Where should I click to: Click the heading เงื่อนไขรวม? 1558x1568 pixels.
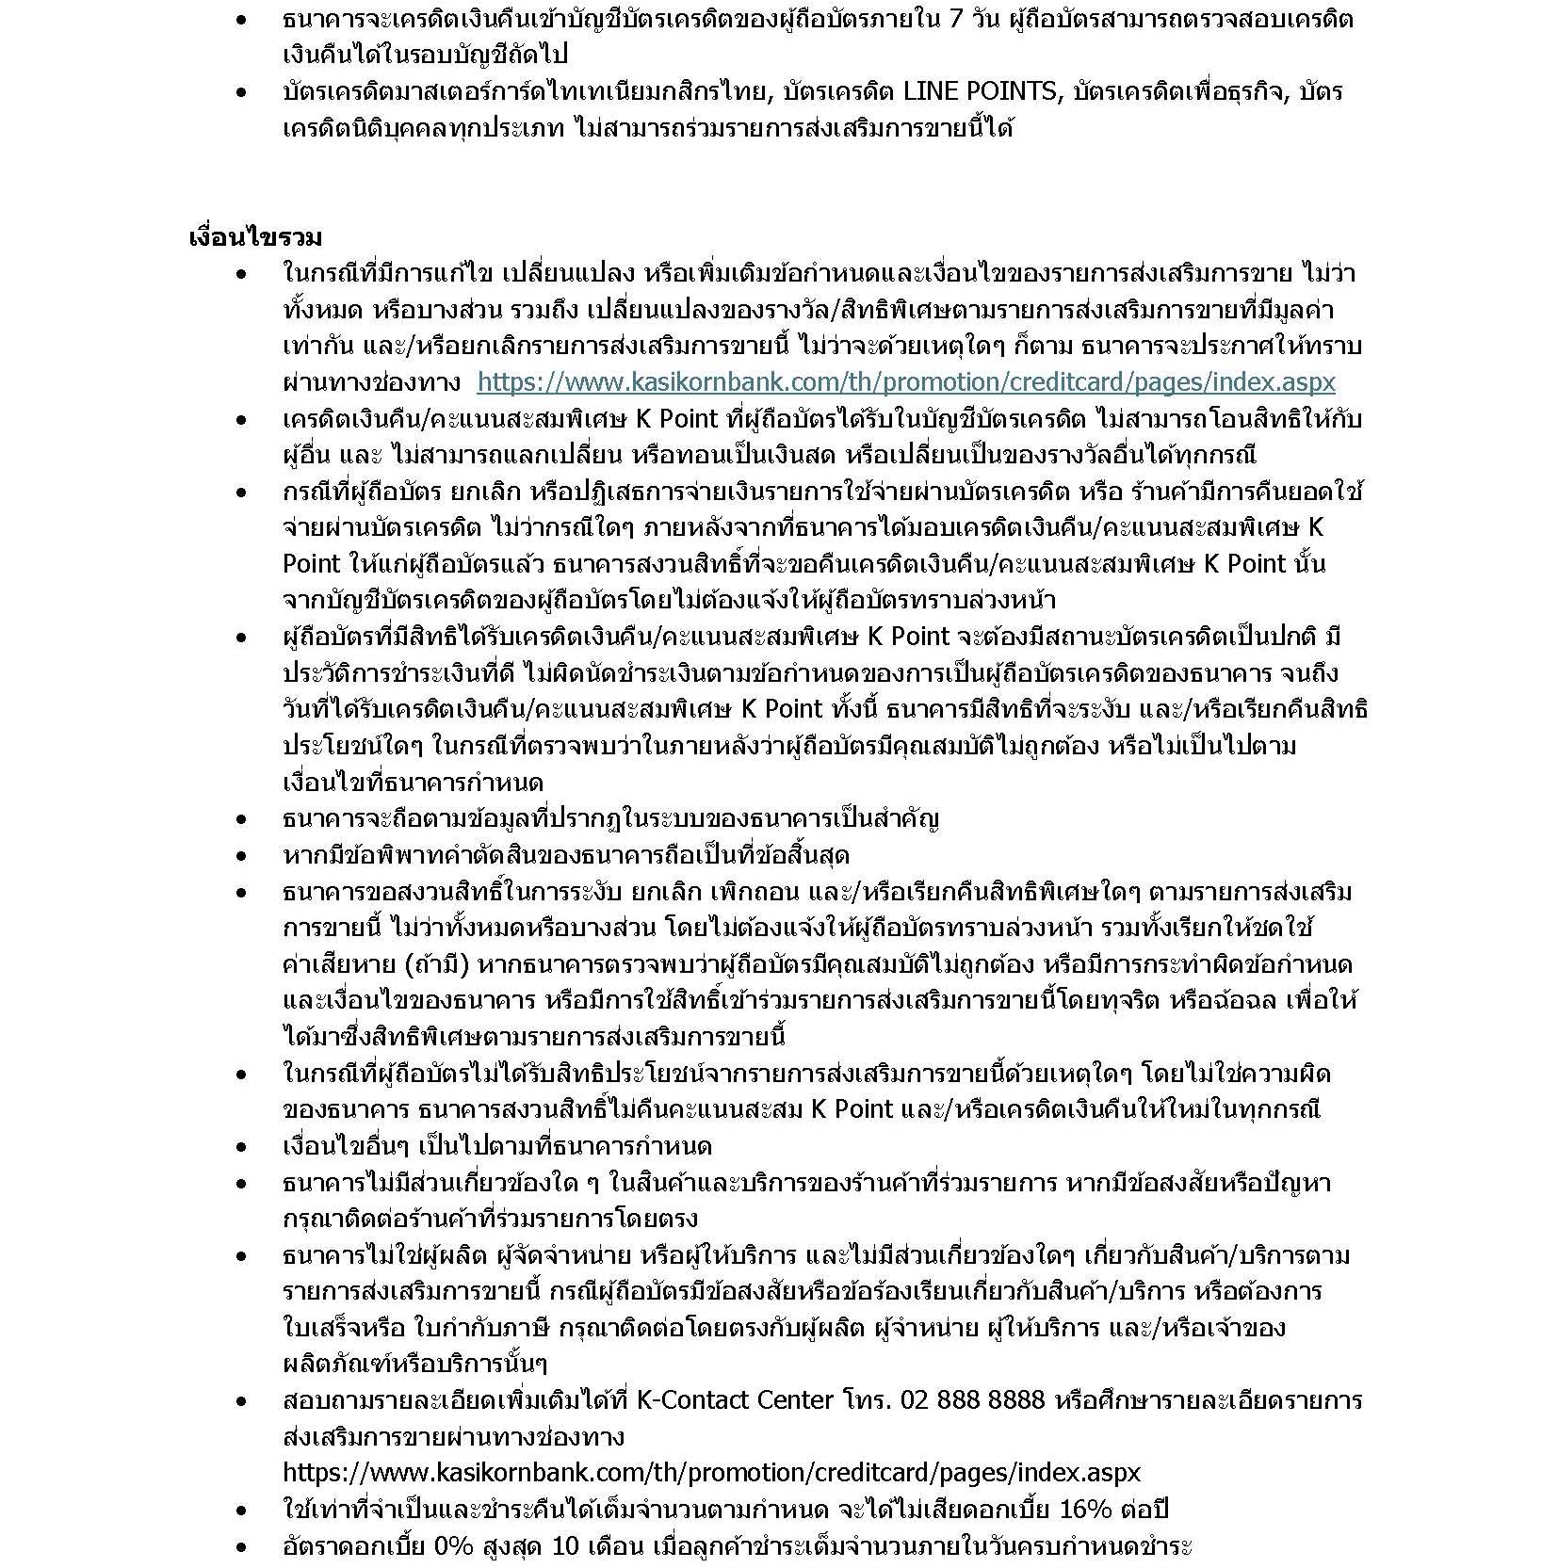pos(255,236)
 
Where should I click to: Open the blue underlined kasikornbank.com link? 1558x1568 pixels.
pos(905,382)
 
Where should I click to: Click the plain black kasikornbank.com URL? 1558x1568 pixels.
pos(711,1473)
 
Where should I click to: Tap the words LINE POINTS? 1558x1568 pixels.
pos(980,91)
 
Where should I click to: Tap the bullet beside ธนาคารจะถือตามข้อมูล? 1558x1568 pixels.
pos(242,819)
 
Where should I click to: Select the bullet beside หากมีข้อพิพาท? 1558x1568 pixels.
pos(242,856)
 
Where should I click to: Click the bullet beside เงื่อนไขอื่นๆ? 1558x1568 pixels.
pos(242,1147)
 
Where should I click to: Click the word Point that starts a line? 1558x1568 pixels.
pos(311,564)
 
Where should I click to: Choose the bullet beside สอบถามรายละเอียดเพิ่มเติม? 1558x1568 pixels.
pos(242,1401)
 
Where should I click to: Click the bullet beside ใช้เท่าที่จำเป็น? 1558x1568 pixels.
pos(242,1511)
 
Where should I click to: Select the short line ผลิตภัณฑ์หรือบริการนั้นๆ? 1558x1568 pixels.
pos(414,1364)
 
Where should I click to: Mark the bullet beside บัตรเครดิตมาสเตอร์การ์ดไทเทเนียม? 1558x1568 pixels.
pos(242,92)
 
